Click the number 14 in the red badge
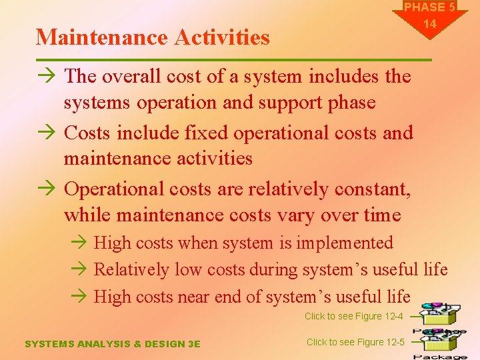click(x=430, y=24)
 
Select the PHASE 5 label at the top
click(x=429, y=7)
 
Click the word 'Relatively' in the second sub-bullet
click(x=132, y=269)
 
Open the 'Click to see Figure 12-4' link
click(x=353, y=316)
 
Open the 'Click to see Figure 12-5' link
click(x=355, y=342)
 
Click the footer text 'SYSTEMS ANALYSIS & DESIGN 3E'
click(x=112, y=344)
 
